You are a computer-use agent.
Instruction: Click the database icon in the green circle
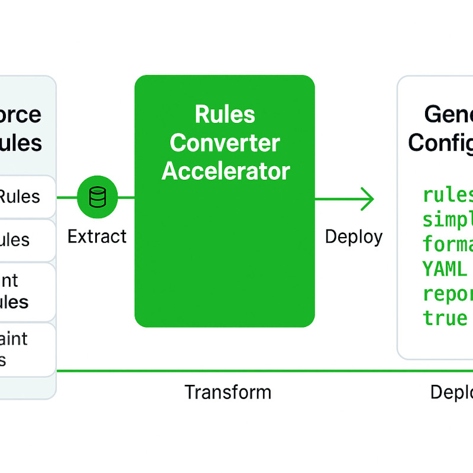click(x=98, y=197)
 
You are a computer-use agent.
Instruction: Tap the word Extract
click(x=97, y=237)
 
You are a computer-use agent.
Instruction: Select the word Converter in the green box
click(x=225, y=142)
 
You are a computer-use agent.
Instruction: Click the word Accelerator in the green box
click(x=225, y=171)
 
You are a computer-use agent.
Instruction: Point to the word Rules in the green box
click(x=225, y=114)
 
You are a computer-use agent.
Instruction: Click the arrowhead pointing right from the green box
click(x=368, y=199)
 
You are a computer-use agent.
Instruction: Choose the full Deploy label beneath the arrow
click(x=354, y=237)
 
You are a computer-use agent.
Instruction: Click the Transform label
click(x=228, y=391)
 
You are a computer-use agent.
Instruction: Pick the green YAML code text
click(x=445, y=269)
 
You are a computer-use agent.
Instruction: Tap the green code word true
click(x=445, y=318)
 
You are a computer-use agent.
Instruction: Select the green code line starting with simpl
click(x=448, y=220)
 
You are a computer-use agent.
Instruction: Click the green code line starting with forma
click(x=448, y=244)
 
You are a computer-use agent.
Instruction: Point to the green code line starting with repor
click(x=448, y=294)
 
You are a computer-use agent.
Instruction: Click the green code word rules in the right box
click(x=448, y=195)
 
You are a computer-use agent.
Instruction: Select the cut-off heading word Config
click(x=440, y=142)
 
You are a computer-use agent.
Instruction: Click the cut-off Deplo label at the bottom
click(x=451, y=392)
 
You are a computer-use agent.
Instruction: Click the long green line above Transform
click(x=260, y=371)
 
